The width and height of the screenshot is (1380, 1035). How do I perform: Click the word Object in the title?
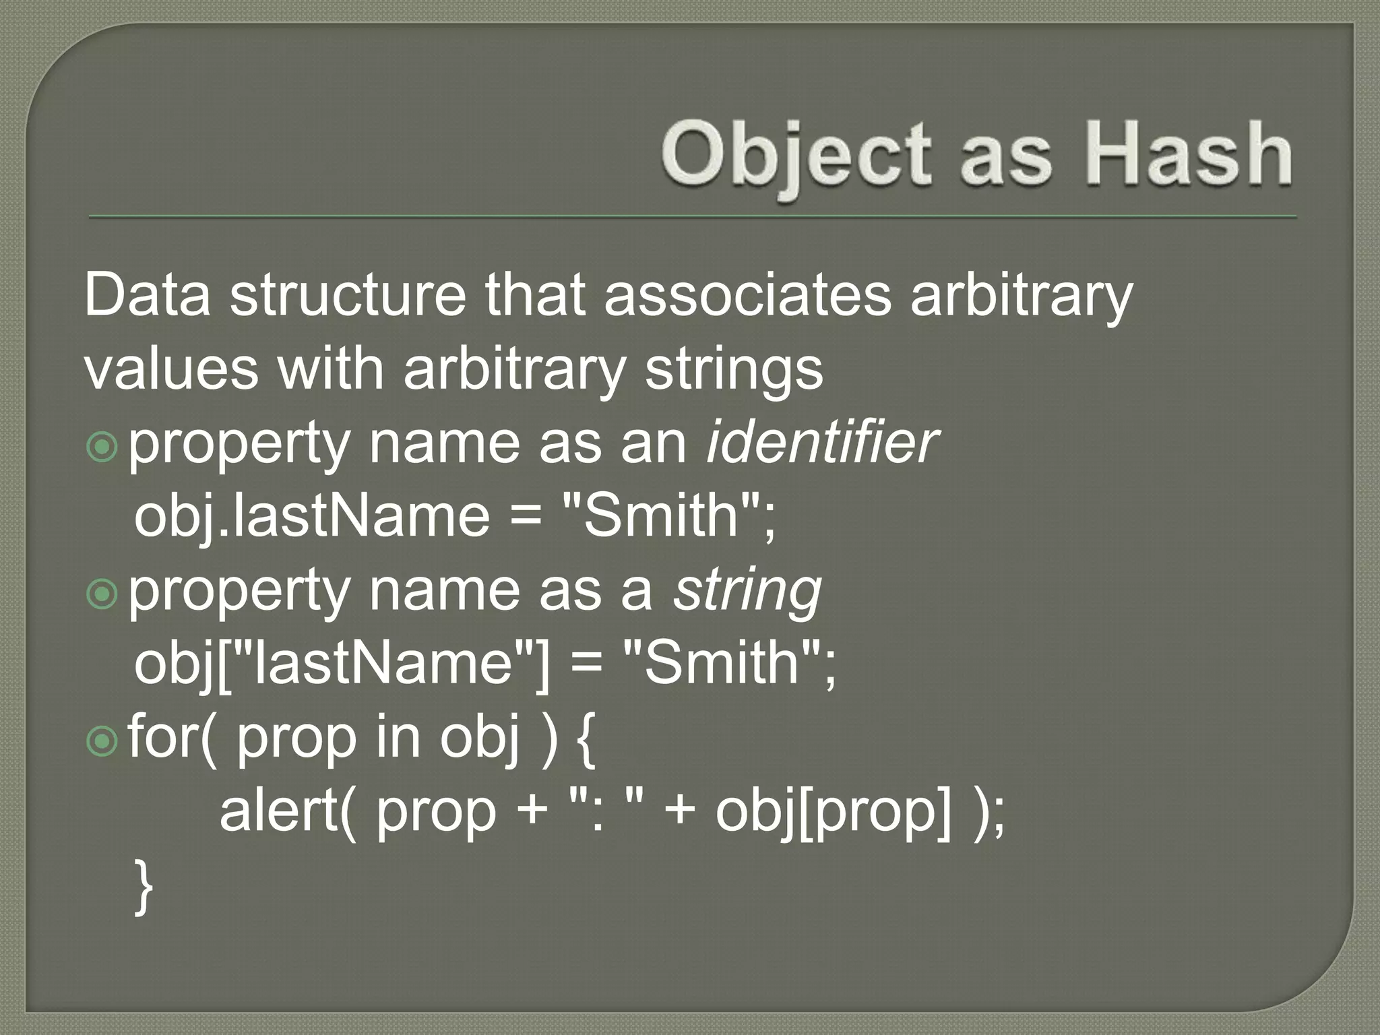(x=796, y=155)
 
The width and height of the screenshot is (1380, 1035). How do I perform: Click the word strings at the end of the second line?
(x=734, y=370)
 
